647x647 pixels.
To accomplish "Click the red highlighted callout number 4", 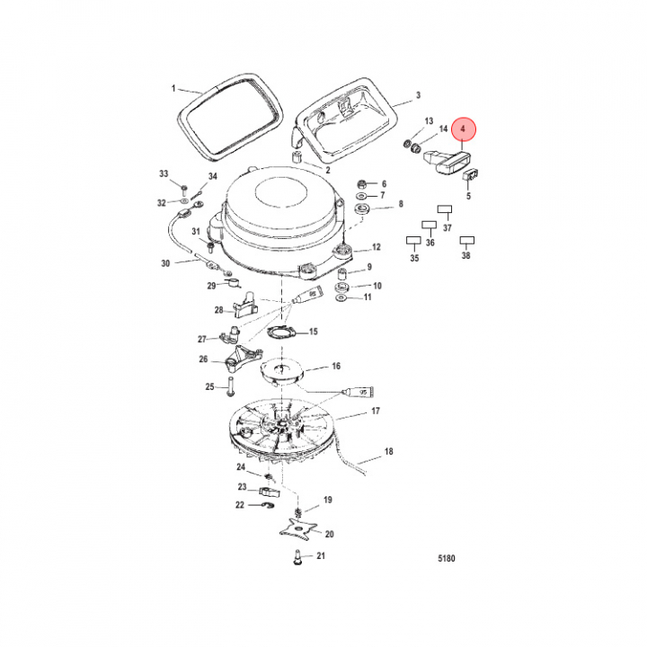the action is [x=463, y=129].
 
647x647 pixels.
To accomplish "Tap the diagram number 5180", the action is [x=446, y=558].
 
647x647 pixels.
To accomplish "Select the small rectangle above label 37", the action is [x=445, y=209].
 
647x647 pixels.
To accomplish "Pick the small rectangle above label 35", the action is [x=413, y=241].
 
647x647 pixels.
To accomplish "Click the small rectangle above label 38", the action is [x=467, y=240].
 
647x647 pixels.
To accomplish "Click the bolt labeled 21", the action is [x=297, y=557].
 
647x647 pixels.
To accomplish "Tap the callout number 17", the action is [x=376, y=412].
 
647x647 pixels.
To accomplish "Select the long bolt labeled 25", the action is [x=230, y=386].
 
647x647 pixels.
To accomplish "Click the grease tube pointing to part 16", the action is [x=358, y=391].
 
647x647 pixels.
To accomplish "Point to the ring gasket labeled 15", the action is [x=283, y=332].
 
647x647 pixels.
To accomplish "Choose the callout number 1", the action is [x=173, y=88].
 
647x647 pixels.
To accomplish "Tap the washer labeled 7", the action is [x=361, y=195].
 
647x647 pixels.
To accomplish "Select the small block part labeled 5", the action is [x=471, y=175].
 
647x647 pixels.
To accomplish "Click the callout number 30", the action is [x=165, y=263].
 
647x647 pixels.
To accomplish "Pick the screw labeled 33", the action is [x=184, y=191].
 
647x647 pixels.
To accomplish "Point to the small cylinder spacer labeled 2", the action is [x=297, y=157].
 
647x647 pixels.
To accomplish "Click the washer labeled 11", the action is [x=341, y=297].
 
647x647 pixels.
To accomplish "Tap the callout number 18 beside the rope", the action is [x=389, y=451].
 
